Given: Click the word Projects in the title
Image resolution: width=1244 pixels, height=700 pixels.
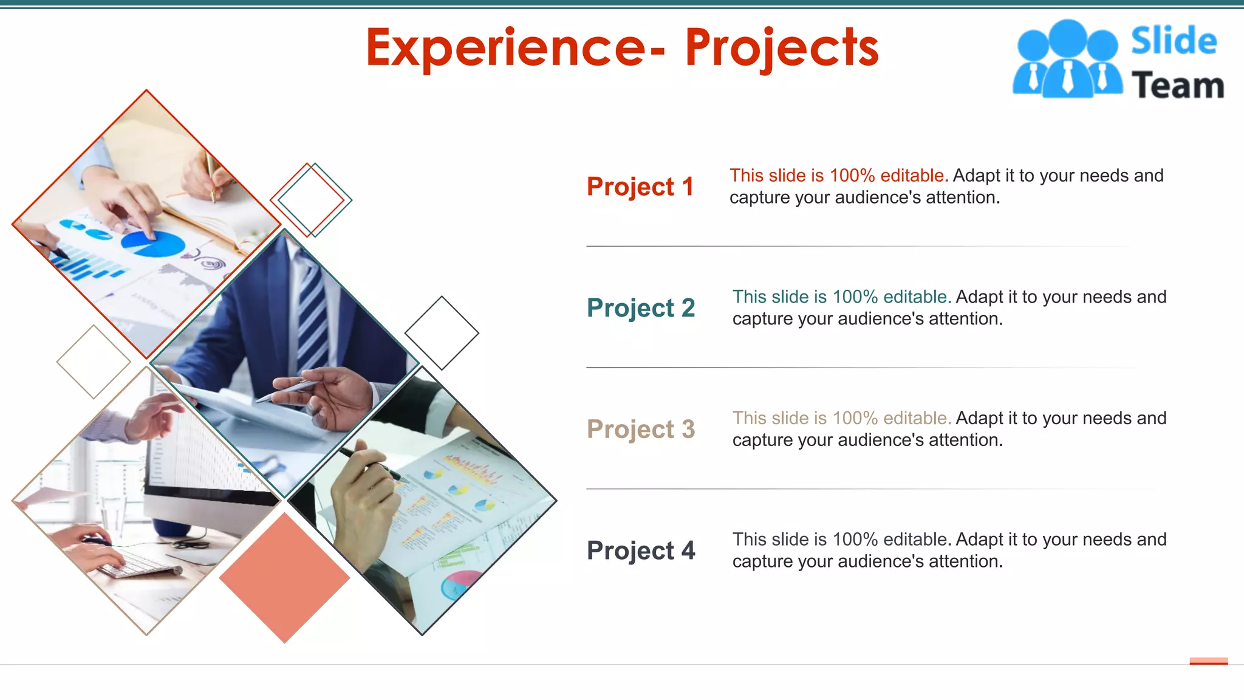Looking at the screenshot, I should [x=782, y=48].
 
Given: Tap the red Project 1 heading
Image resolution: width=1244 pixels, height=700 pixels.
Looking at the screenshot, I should [x=640, y=187].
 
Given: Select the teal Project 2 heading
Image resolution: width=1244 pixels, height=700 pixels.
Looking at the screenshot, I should [x=640, y=308].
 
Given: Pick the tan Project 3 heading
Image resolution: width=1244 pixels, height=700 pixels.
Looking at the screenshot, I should [x=640, y=430].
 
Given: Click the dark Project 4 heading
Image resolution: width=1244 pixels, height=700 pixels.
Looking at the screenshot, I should [x=640, y=551].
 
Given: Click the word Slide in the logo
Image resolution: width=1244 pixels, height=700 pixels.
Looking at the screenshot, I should [x=1174, y=41].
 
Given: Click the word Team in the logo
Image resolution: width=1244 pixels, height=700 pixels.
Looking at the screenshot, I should [x=1177, y=85].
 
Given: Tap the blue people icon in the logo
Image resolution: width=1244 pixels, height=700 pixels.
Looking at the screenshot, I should [x=1067, y=59].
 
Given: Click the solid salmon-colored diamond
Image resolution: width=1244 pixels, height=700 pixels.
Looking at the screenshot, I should [x=284, y=577].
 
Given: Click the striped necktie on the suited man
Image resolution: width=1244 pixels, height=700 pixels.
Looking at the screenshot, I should [x=312, y=316].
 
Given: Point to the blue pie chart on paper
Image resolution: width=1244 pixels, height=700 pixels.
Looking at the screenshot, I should [x=152, y=243].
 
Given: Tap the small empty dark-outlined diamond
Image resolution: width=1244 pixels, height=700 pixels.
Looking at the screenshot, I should [x=442, y=333].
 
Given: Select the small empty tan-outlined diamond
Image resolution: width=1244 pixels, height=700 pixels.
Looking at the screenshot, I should [x=94, y=362].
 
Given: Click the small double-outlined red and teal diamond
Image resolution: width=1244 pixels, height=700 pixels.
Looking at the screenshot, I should [x=311, y=199].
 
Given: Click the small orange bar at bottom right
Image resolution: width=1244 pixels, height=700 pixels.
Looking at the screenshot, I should [x=1208, y=661].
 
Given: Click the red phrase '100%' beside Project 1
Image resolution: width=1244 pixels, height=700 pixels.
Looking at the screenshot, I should [x=852, y=176].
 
